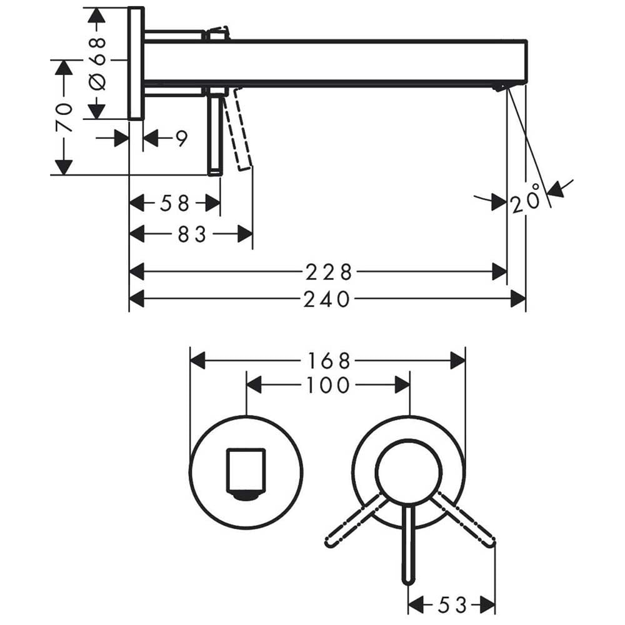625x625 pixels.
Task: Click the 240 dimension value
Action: (326, 299)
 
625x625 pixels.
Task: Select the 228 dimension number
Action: (329, 272)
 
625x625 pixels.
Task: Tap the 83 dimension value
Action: (192, 234)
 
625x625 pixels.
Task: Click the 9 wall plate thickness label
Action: (182, 138)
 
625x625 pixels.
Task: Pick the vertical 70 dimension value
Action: (64, 117)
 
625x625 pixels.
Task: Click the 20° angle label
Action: (526, 199)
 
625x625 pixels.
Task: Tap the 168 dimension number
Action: (329, 361)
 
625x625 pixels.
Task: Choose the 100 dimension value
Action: (328, 386)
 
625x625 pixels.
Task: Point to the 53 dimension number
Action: (452, 605)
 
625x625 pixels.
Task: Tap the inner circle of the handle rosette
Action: (409, 473)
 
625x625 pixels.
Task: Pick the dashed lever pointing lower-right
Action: (463, 520)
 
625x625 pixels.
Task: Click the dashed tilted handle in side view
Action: (238, 129)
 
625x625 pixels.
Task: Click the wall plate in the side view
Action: (136, 63)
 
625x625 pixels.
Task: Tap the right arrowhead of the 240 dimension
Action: (518, 299)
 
